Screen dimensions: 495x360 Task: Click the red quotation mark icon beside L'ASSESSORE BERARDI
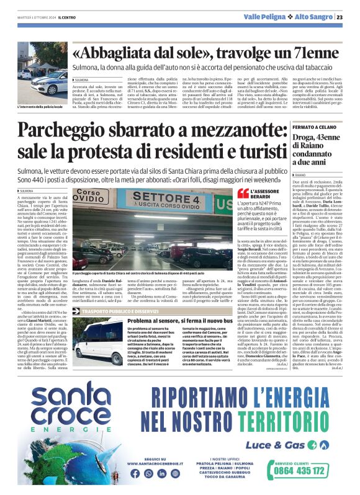(242, 194)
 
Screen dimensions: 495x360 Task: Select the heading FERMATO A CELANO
(314, 127)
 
